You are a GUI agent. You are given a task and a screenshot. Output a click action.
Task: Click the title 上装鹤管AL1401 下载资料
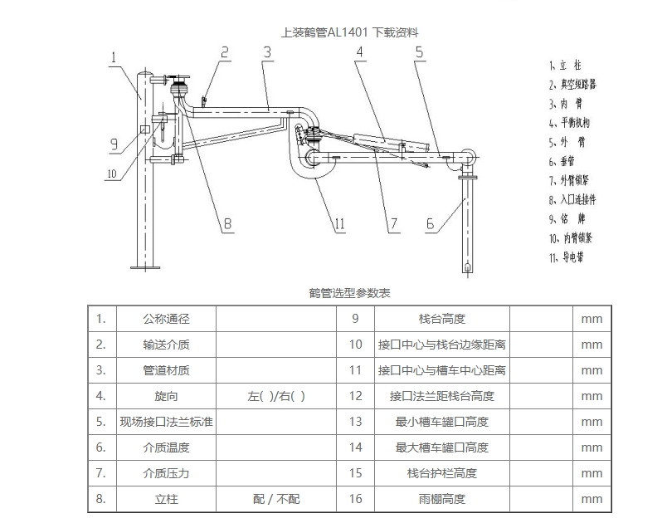click(x=349, y=32)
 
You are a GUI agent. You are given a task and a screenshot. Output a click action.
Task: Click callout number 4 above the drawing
click(x=360, y=52)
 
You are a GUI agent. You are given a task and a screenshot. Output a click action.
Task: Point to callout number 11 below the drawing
click(x=339, y=223)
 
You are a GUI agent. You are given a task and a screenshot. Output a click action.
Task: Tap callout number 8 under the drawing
click(x=227, y=223)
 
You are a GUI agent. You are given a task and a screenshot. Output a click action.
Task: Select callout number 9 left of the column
click(x=114, y=144)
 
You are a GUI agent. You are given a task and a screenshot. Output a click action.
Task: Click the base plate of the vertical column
click(x=145, y=267)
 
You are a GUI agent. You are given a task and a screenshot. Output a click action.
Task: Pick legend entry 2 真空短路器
click(x=572, y=85)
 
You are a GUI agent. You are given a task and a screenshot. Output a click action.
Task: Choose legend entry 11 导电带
click(x=567, y=257)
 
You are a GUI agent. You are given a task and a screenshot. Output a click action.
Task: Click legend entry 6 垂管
click(x=562, y=161)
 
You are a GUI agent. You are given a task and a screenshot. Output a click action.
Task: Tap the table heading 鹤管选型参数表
click(x=349, y=293)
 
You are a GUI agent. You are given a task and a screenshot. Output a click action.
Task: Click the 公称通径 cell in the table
click(x=166, y=319)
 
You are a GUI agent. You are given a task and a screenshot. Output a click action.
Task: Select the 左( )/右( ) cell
click(x=276, y=396)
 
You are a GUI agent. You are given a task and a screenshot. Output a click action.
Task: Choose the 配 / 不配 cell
click(x=276, y=499)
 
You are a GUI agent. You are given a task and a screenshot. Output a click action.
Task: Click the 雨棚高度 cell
click(x=442, y=499)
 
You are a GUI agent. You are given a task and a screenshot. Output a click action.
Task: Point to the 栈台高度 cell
click(x=442, y=319)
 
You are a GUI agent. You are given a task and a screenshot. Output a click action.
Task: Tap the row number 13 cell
click(x=356, y=422)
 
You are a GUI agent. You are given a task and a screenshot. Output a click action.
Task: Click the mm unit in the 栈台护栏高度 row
click(x=592, y=473)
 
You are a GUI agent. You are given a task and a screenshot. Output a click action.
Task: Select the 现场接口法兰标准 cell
click(x=166, y=422)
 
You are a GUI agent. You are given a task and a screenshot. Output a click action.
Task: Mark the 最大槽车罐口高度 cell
click(x=442, y=447)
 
